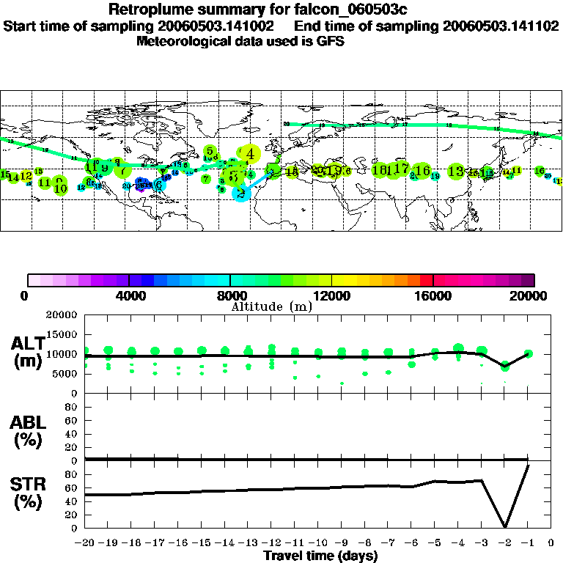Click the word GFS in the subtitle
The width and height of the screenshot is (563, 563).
331,41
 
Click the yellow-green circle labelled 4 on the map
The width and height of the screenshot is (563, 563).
251,154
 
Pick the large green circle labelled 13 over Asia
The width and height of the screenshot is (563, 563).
456,171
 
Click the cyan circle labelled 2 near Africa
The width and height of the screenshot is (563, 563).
240,193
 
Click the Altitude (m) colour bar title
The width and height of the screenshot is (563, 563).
271,306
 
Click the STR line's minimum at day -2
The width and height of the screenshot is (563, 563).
505,526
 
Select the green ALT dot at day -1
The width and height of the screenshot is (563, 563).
528,353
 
